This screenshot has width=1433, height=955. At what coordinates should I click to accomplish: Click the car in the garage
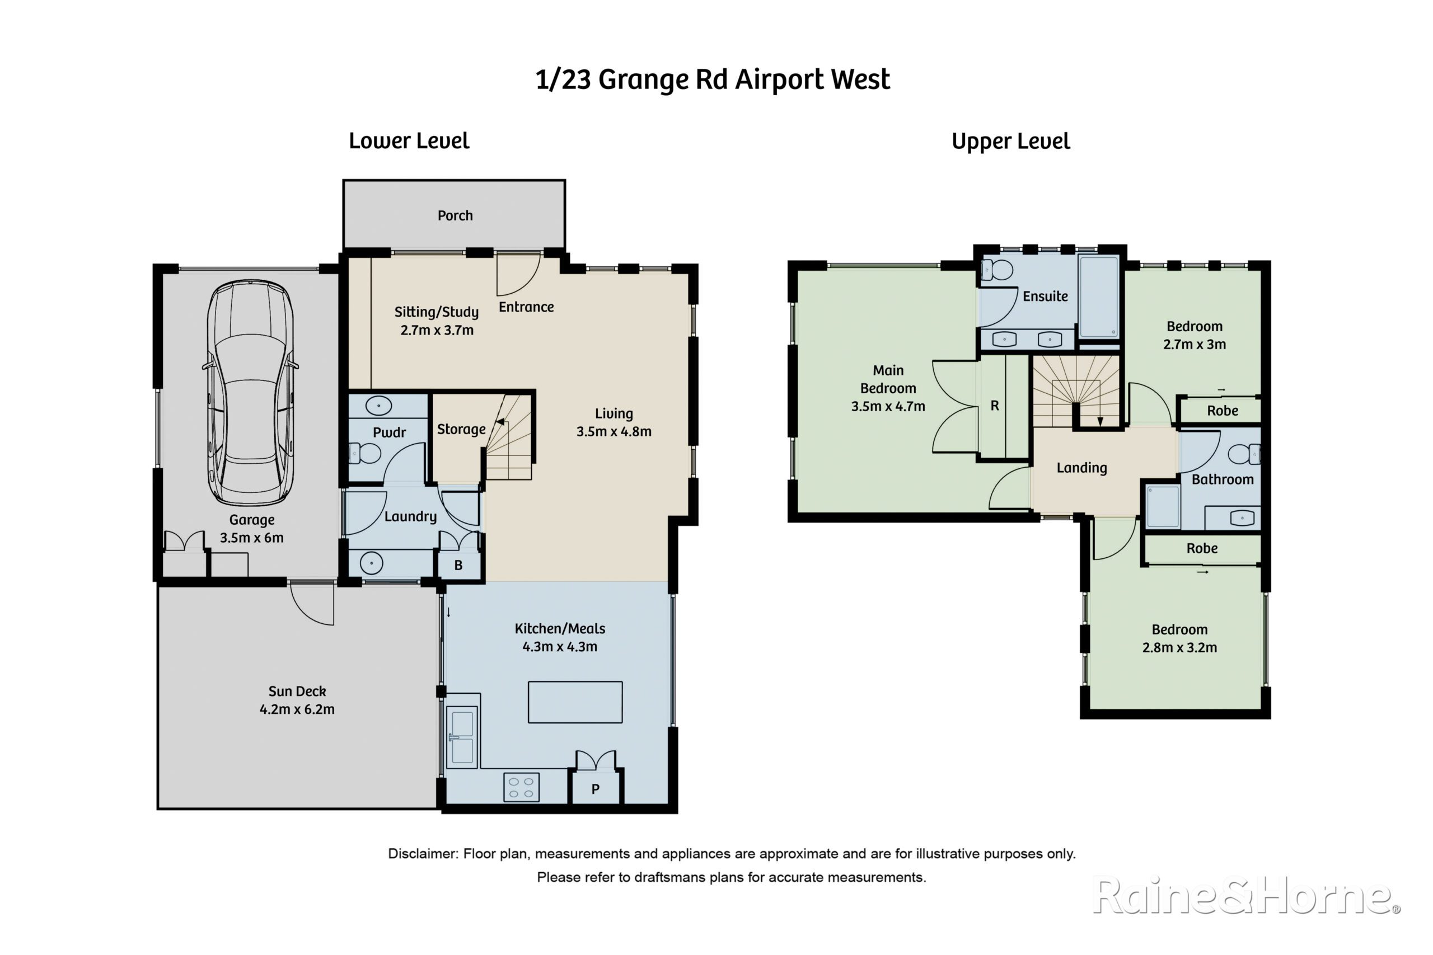(250, 393)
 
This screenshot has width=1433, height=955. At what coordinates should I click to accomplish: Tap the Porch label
(455, 215)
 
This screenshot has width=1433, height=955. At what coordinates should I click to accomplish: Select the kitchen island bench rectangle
(575, 702)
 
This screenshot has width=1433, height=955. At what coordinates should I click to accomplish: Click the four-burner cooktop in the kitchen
(522, 787)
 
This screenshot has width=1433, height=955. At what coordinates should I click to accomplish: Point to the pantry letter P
(595, 789)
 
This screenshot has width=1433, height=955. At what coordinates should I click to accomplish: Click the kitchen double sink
(462, 737)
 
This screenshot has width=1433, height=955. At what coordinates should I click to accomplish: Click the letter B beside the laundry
(458, 565)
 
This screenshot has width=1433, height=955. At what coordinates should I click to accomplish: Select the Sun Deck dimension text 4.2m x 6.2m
(297, 709)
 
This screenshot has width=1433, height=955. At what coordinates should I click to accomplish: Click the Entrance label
(526, 307)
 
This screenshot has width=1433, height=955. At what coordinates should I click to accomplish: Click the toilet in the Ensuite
(998, 270)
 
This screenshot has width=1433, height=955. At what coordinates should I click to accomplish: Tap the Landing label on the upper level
(1081, 468)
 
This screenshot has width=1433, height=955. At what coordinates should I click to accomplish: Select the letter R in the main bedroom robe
(994, 406)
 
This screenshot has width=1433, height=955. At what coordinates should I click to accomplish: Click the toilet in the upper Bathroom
(1243, 454)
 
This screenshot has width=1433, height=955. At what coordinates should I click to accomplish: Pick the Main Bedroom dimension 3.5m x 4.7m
(888, 406)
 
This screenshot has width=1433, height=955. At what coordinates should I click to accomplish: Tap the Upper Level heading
(1011, 142)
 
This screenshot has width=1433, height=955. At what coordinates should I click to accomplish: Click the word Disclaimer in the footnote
(423, 854)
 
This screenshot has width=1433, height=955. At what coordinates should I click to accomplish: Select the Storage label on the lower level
(461, 429)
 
